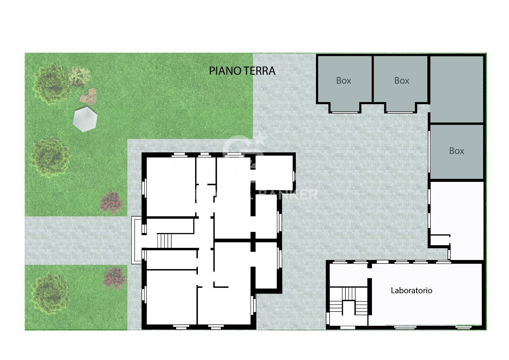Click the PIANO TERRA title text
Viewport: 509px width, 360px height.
pyautogui.click(x=242, y=71)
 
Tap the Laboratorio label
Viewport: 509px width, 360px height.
pyautogui.click(x=411, y=291)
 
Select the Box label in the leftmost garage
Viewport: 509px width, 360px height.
pyautogui.click(x=344, y=81)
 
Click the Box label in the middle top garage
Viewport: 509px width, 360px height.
pyautogui.click(x=402, y=81)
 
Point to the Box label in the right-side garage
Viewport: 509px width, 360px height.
pyautogui.click(x=457, y=151)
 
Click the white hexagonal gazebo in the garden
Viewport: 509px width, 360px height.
pyautogui.click(x=85, y=119)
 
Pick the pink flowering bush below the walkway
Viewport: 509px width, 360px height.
pyautogui.click(x=115, y=278)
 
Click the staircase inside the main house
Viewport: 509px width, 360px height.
pyautogui.click(x=164, y=240)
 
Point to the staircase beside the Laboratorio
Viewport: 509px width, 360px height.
pyautogui.click(x=348, y=305)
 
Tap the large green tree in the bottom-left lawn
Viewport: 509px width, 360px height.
pyautogui.click(x=50, y=293)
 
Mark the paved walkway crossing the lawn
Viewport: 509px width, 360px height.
pyautogui.click(x=77, y=240)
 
